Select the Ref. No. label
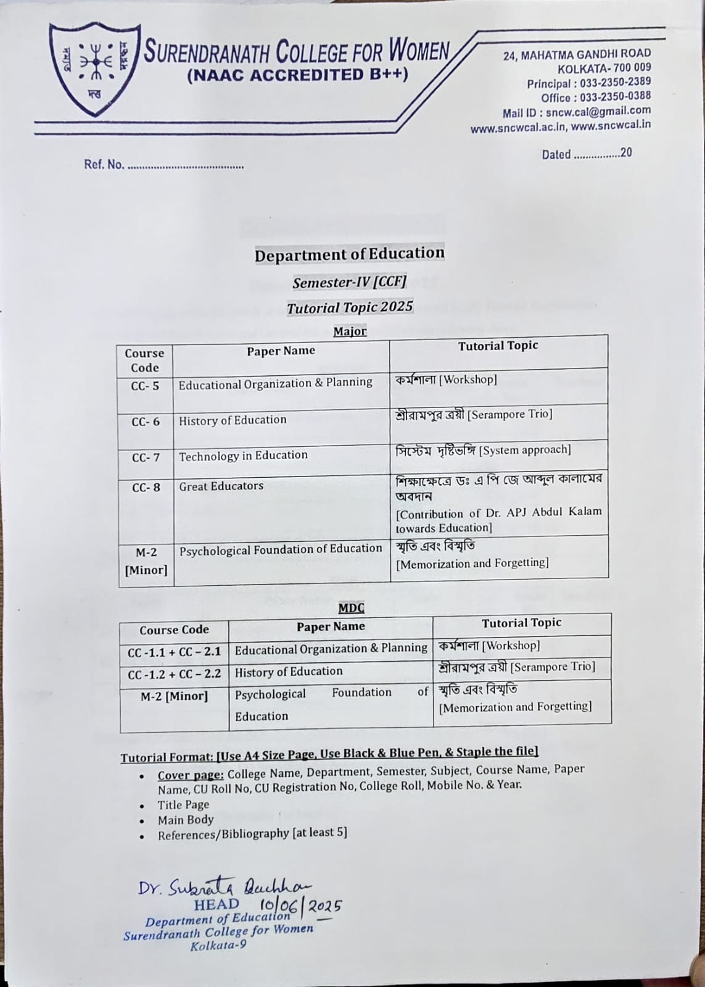[104, 165]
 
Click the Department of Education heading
[350, 254]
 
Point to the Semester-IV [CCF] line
[349, 283]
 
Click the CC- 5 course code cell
[145, 386]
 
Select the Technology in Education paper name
[243, 456]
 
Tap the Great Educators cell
[221, 486]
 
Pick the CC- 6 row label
[145, 422]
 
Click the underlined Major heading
[350, 331]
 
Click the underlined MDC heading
[351, 608]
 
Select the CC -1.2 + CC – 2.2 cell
[174, 673]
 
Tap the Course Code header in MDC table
[174, 630]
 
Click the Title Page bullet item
[183, 804]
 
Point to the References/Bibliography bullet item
[252, 833]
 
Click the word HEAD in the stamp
[216, 905]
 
